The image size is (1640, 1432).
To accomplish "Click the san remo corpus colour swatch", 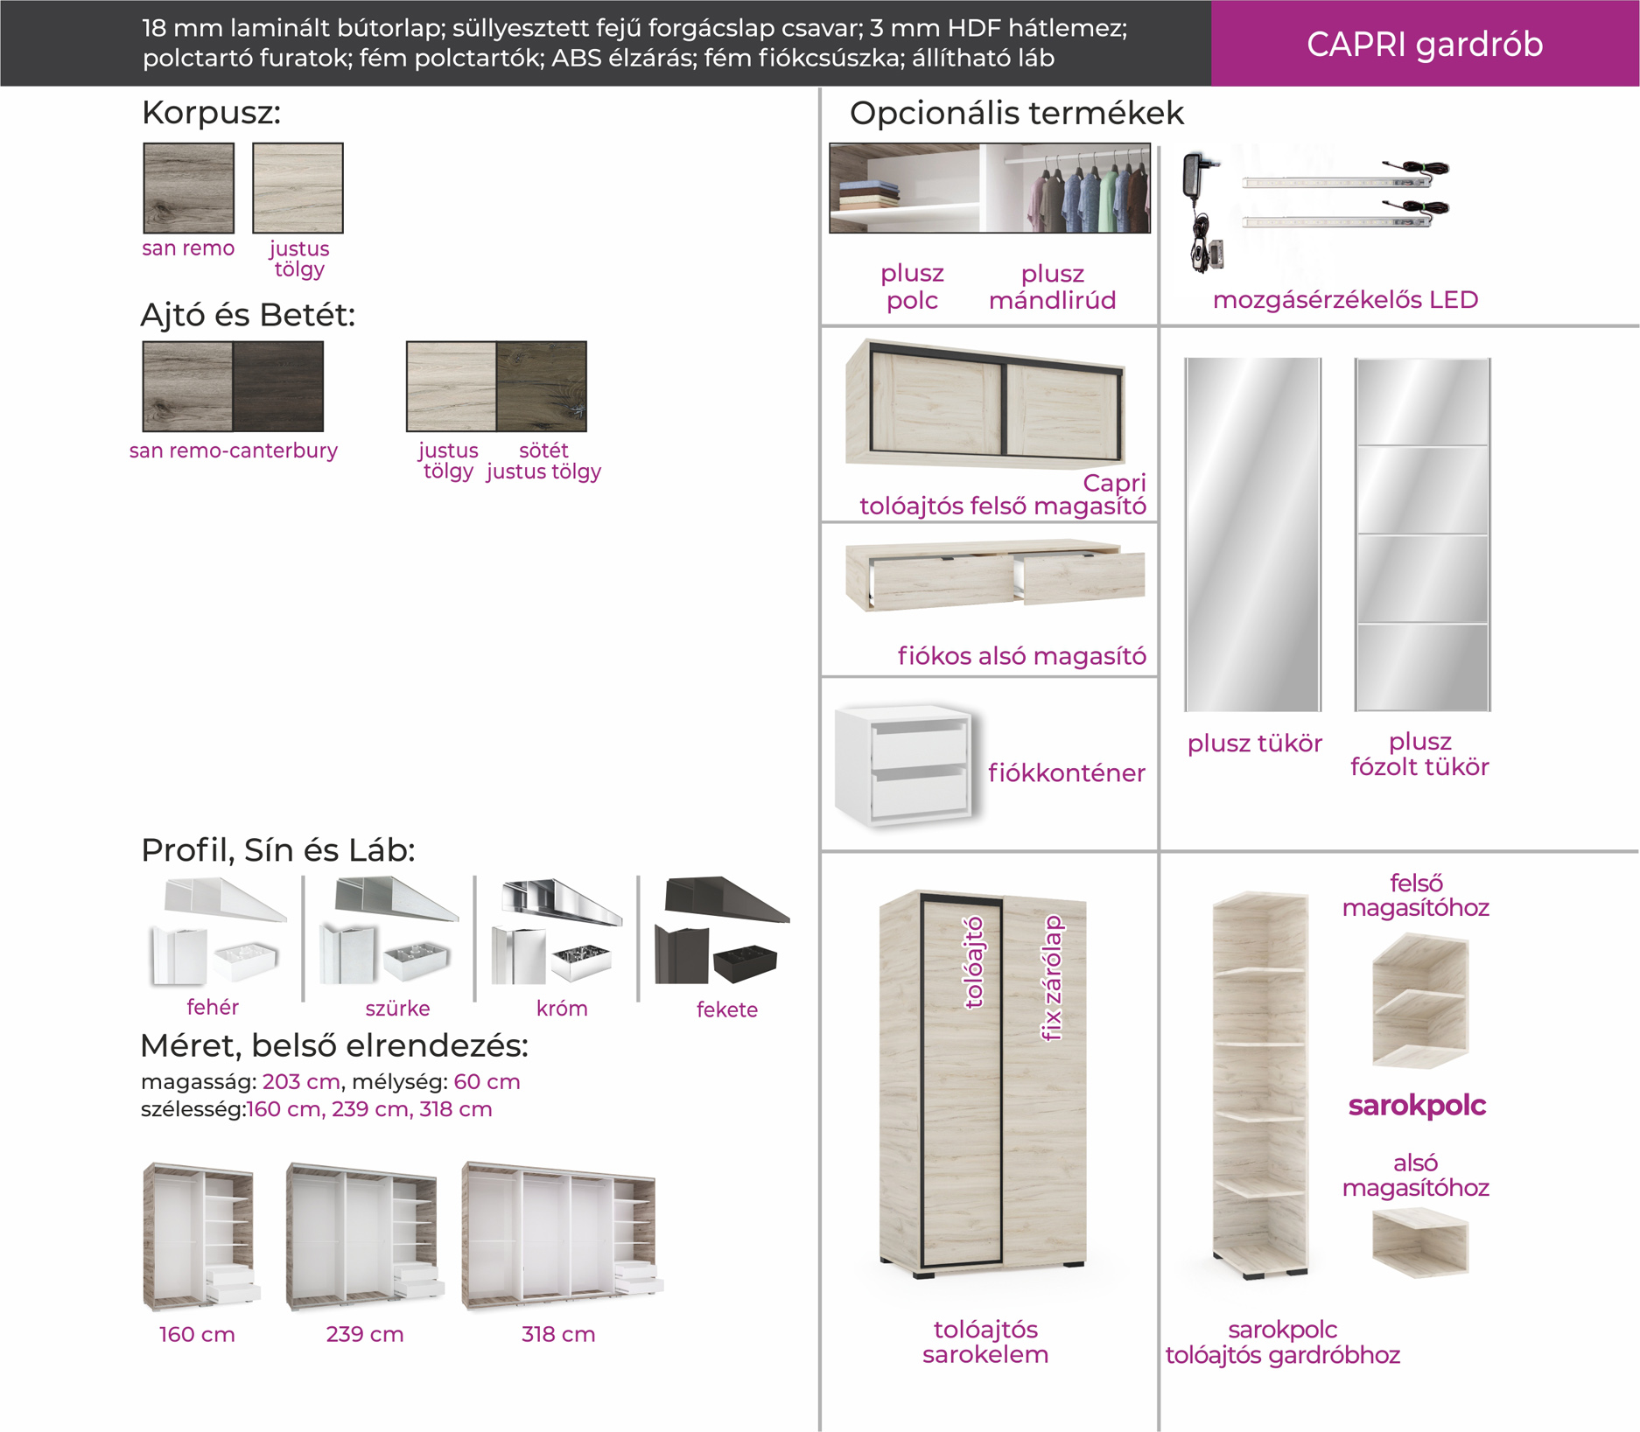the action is pyautogui.click(x=188, y=188).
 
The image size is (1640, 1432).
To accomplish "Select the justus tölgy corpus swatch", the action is pyautogui.click(x=298, y=188).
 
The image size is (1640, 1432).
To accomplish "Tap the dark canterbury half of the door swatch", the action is pyautogui.click(x=278, y=386).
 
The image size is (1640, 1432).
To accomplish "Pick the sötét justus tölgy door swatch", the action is pyautogui.click(x=542, y=386).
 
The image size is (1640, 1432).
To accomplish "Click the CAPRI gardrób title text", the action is pyautogui.click(x=1425, y=44).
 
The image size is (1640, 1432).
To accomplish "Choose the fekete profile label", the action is pyautogui.click(x=727, y=1009).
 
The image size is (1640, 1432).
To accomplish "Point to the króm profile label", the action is pyautogui.click(x=562, y=1009).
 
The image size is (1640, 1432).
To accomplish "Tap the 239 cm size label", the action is pyautogui.click(x=365, y=1334).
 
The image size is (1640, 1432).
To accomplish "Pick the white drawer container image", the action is pyautogui.click(x=906, y=765).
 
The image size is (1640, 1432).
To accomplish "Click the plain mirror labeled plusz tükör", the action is pyautogui.click(x=1252, y=534).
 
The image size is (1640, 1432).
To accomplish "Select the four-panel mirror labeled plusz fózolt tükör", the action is pyautogui.click(x=1422, y=534).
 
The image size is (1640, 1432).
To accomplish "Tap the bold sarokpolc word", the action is pyautogui.click(x=1417, y=1105).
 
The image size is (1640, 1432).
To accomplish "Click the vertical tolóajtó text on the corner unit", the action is pyautogui.click(x=973, y=962).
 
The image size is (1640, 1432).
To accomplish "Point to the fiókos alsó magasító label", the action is pyautogui.click(x=1021, y=655).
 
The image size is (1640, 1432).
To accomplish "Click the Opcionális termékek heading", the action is pyautogui.click(x=1016, y=113).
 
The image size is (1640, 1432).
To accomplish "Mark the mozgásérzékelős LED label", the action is pyautogui.click(x=1345, y=299).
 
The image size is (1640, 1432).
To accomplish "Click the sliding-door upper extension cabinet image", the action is pyautogui.click(x=985, y=402).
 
